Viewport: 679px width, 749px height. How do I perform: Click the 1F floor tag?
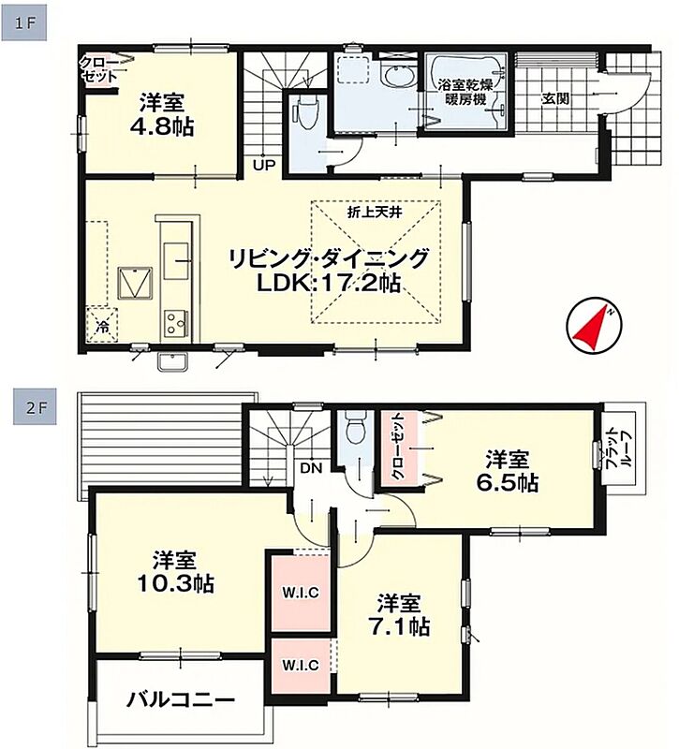coord(24,22)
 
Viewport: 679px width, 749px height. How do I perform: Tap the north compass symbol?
coord(594,327)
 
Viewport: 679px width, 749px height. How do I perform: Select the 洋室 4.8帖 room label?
coord(161,115)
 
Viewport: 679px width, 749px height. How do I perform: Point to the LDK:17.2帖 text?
coord(329,284)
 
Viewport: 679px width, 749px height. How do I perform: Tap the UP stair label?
coord(264,166)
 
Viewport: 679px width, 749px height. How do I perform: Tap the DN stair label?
coord(311,468)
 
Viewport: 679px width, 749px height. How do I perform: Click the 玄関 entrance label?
coord(555,98)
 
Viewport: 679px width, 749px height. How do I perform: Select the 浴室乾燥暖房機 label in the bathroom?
coord(465,92)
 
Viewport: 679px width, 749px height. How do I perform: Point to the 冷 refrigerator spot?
coord(102,327)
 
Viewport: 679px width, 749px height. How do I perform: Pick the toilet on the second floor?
coord(355,429)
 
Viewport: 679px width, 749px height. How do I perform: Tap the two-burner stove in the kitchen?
coord(176,322)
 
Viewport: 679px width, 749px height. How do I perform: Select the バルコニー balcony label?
coord(181,700)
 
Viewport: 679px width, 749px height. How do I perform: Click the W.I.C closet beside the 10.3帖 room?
coord(300,593)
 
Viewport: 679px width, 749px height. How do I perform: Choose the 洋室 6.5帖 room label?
coord(507,472)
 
